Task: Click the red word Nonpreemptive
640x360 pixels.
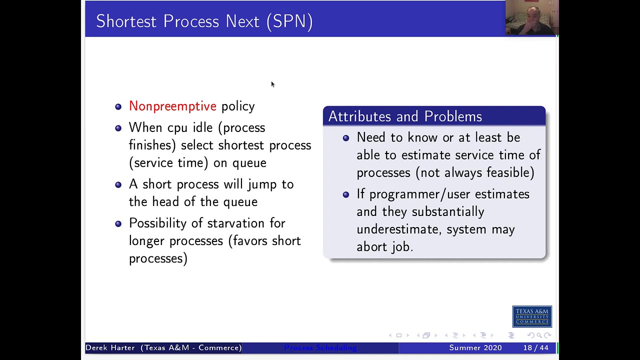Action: coord(172,106)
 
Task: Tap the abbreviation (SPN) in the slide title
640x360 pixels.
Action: coord(289,21)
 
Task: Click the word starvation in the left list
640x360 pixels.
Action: coord(235,223)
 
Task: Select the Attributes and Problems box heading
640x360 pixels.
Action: coord(405,116)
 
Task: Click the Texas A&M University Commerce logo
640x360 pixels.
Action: coord(532,316)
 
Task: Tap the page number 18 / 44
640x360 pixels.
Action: coord(536,347)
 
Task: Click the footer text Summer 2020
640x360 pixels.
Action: coord(475,347)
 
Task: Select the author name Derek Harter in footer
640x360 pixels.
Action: coord(110,347)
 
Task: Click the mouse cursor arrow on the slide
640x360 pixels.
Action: coord(272,84)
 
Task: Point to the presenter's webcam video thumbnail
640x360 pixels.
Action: coord(531,18)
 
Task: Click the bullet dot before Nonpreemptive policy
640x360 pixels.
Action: coord(118,106)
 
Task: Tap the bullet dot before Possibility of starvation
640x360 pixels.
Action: coord(118,224)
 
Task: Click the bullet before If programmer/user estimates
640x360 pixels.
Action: coord(346,194)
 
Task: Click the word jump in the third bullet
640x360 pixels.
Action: coord(262,184)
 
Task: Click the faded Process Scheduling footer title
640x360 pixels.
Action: coord(320,347)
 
